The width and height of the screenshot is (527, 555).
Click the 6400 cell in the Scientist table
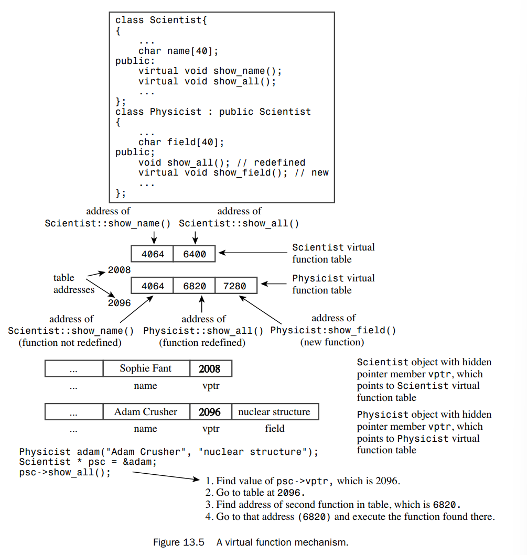[x=195, y=254]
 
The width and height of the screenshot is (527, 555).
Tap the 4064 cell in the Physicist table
[x=153, y=286]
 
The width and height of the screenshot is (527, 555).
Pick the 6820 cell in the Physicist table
[x=195, y=286]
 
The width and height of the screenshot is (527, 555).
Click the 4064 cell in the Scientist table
[x=153, y=254]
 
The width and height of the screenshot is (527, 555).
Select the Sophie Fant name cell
[x=146, y=368]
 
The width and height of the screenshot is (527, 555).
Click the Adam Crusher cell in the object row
[x=146, y=411]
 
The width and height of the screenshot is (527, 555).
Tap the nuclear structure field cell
[x=274, y=411]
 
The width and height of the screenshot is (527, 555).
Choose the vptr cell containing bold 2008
[x=210, y=368]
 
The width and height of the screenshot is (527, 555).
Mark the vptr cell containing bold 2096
[x=210, y=411]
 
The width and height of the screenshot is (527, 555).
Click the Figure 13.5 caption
[x=250, y=542]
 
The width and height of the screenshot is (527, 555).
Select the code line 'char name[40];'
[x=178, y=51]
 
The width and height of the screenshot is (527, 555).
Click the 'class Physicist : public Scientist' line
[x=213, y=112]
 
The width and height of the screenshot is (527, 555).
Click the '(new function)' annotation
[x=332, y=342]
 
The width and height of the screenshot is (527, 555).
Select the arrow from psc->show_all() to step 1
[x=165, y=476]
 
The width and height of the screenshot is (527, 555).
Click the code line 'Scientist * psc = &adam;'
[x=88, y=462]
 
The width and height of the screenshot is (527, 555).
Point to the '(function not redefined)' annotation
[x=70, y=343]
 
